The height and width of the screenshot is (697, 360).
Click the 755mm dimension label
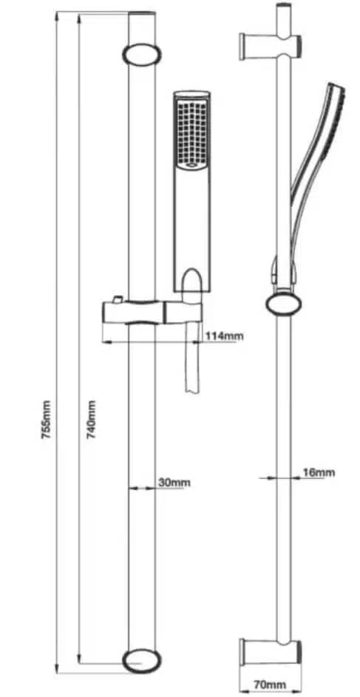[47, 420]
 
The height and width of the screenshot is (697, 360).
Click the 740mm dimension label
[91, 420]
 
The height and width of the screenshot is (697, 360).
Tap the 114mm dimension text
[224, 336]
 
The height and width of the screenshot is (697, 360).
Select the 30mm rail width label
[174, 483]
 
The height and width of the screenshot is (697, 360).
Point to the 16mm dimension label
[318, 472]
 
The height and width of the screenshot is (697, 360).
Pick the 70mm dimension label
[270, 684]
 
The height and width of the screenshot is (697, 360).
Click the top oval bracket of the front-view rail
[142, 54]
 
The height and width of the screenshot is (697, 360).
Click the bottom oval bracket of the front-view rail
[142, 661]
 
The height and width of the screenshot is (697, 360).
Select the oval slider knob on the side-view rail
[284, 304]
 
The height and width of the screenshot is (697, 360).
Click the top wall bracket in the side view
[271, 47]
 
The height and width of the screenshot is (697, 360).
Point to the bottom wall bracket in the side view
[271, 652]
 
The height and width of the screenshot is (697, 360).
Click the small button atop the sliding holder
[118, 299]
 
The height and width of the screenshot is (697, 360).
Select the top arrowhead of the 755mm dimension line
[57, 17]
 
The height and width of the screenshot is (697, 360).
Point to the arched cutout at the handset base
[192, 281]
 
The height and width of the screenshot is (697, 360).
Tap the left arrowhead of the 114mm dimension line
[106, 342]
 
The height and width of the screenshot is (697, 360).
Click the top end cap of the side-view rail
[284, 6]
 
